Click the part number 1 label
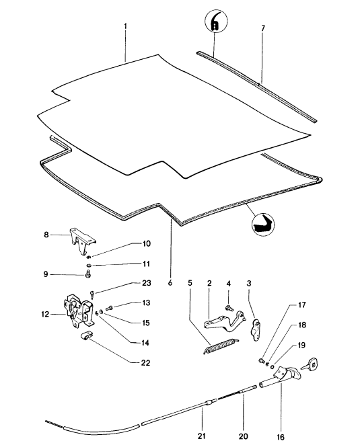point(126,27)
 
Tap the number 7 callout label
point(263,28)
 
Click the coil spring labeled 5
point(221,346)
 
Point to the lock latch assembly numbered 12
point(79,311)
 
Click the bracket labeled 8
point(83,242)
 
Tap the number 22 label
point(145,363)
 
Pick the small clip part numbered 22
point(87,335)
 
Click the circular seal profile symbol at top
point(216,21)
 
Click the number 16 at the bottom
point(281,437)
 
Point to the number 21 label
point(201,436)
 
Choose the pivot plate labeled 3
point(256,330)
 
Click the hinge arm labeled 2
point(225,322)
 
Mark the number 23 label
point(147,283)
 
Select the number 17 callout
point(301,305)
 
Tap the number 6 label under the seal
point(170,283)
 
